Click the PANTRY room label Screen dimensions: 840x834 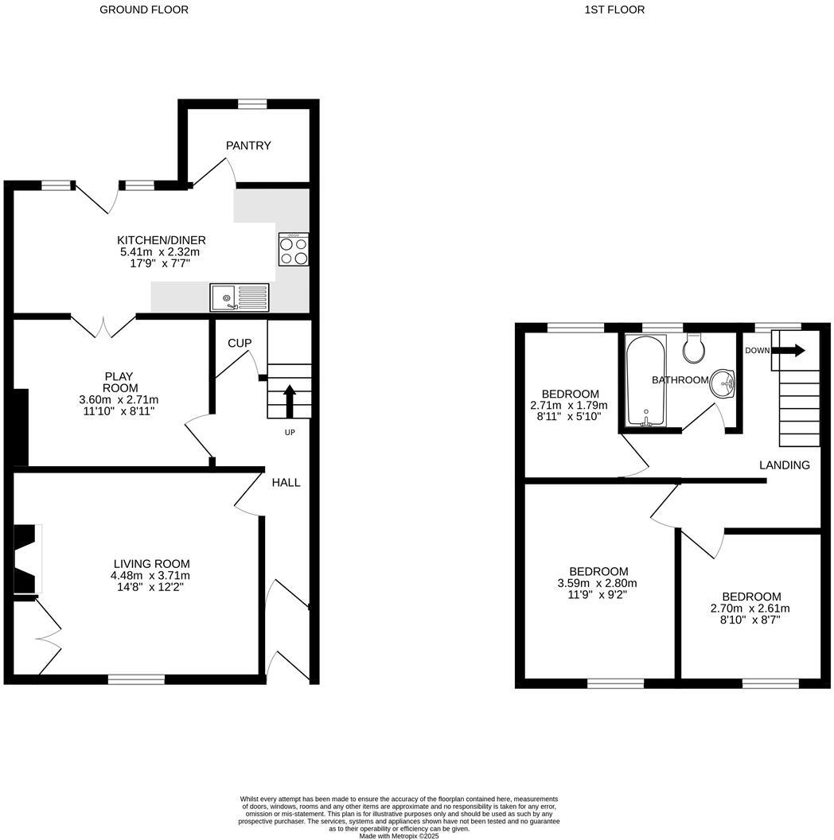point(248,146)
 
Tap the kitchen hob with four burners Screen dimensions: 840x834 point(293,250)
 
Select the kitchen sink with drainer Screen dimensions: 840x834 point(240,297)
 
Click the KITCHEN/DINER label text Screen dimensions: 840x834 point(162,240)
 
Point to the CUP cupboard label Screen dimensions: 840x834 point(240,343)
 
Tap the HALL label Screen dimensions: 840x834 point(286,482)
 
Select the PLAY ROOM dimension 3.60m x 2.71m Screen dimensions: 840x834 point(119,399)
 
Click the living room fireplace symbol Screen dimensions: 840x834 point(27,559)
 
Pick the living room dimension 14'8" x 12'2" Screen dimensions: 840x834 point(150,587)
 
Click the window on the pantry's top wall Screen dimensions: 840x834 point(253,103)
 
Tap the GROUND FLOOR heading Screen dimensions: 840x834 point(144,10)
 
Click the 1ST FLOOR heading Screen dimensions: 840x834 point(614,10)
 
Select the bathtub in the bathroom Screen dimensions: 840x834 point(645,381)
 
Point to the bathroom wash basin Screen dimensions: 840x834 point(723,383)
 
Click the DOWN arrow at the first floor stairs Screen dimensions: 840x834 point(790,351)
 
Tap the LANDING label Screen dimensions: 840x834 point(784,465)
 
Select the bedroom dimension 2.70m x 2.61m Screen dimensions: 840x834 point(751,608)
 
